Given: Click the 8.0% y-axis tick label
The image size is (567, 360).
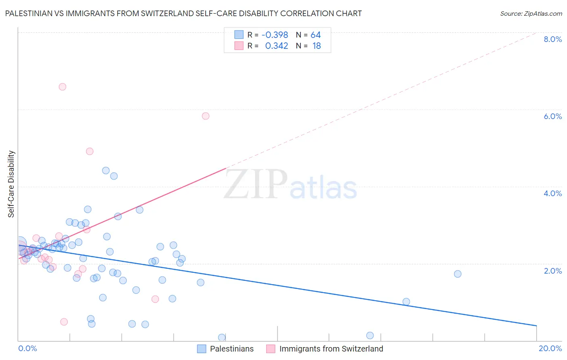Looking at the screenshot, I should click(552, 39).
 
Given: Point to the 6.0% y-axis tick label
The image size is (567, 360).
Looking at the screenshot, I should click(552, 116).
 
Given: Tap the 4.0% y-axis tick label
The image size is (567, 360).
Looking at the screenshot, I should click(552, 193).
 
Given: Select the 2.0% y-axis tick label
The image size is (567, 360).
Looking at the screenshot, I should click(552, 271).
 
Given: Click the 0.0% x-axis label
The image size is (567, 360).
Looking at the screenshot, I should click(27, 348).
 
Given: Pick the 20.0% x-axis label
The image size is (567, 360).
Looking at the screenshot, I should click(550, 348).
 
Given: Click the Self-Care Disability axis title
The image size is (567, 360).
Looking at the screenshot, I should click(11, 184).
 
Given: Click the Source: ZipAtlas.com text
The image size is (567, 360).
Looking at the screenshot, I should click(531, 13).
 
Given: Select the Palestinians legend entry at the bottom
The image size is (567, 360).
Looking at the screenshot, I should click(231, 349).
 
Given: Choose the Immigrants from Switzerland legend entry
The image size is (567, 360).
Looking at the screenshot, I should click(331, 349).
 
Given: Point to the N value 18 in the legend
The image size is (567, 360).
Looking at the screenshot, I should click(317, 46).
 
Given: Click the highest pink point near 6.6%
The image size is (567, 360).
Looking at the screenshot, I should click(63, 87).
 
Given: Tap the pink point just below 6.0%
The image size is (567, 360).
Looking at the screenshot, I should click(206, 116).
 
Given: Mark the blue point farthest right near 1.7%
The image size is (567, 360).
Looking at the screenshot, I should click(457, 274).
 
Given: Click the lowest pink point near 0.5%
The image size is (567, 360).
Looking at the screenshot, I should click(64, 322).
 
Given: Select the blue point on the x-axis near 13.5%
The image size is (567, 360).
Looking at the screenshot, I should click(370, 335).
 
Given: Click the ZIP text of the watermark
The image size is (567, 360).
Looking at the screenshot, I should click(256, 184).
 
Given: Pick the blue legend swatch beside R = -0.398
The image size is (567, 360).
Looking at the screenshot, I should click(239, 35).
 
